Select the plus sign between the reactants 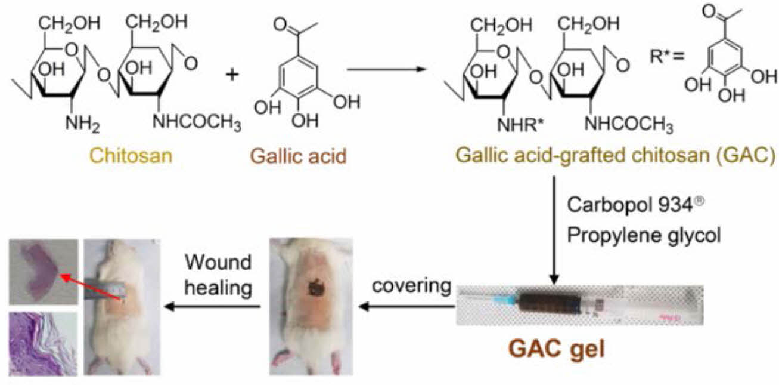(x=232, y=75)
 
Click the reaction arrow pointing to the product (x=386, y=69)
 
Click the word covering (x=411, y=286)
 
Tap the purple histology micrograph (x=43, y=343)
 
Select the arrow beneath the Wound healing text (x=215, y=307)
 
